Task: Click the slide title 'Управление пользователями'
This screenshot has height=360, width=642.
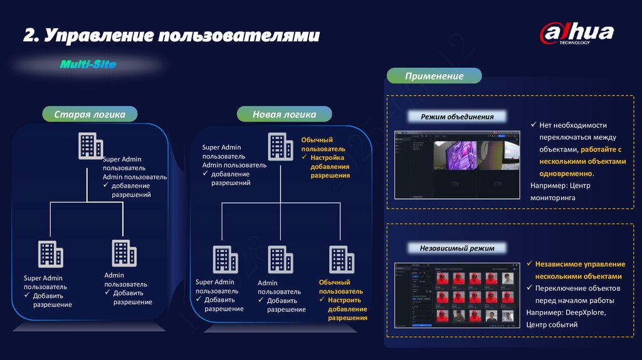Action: [171, 34]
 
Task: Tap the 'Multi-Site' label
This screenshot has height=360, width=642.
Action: [88, 65]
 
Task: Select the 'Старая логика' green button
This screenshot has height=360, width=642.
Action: [90, 114]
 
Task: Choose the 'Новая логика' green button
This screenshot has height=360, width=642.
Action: [284, 114]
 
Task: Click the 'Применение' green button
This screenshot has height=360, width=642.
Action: [434, 76]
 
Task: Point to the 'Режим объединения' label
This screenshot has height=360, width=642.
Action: [457, 117]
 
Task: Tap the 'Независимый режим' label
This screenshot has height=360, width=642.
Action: [457, 248]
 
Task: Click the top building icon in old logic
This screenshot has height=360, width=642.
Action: [90, 146]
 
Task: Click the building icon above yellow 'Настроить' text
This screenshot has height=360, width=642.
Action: [342, 258]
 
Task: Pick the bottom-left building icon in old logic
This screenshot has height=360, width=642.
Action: [50, 254]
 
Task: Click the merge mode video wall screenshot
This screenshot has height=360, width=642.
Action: [458, 165]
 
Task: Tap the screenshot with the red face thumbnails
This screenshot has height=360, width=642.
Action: [458, 296]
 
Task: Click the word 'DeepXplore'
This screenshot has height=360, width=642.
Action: [586, 312]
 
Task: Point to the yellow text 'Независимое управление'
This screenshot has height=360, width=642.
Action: [580, 264]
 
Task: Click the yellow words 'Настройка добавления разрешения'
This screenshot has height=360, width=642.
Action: [326, 166]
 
